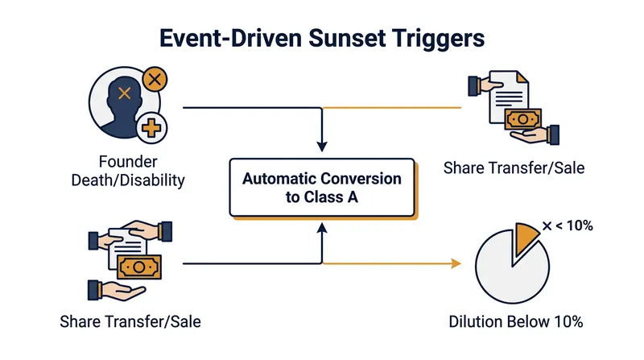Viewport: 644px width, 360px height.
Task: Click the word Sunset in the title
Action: point(346,38)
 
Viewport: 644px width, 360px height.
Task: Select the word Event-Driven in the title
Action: point(230,38)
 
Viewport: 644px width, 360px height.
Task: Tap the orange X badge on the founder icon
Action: point(155,79)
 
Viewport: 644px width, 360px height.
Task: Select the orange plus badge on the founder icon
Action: point(151,128)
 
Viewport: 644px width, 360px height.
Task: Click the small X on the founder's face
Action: point(125,93)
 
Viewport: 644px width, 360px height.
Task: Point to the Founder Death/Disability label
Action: point(128,171)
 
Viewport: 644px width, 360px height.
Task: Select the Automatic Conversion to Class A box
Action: point(323,188)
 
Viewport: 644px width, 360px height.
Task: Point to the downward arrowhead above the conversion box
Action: point(322,147)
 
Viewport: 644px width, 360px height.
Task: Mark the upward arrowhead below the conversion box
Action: point(322,229)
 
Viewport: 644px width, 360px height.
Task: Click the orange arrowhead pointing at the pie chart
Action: point(456,263)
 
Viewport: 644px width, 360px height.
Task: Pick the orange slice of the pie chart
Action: point(524,238)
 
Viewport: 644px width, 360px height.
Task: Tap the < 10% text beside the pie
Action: point(574,226)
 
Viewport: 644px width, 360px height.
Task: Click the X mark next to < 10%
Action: point(547,226)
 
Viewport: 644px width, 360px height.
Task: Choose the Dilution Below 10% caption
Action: point(516,322)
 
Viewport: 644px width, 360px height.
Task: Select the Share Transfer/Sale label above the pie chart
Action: point(514,168)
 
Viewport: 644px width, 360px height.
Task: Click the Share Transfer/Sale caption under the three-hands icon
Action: point(130,322)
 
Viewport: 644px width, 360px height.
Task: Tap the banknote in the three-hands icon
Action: point(139,267)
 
